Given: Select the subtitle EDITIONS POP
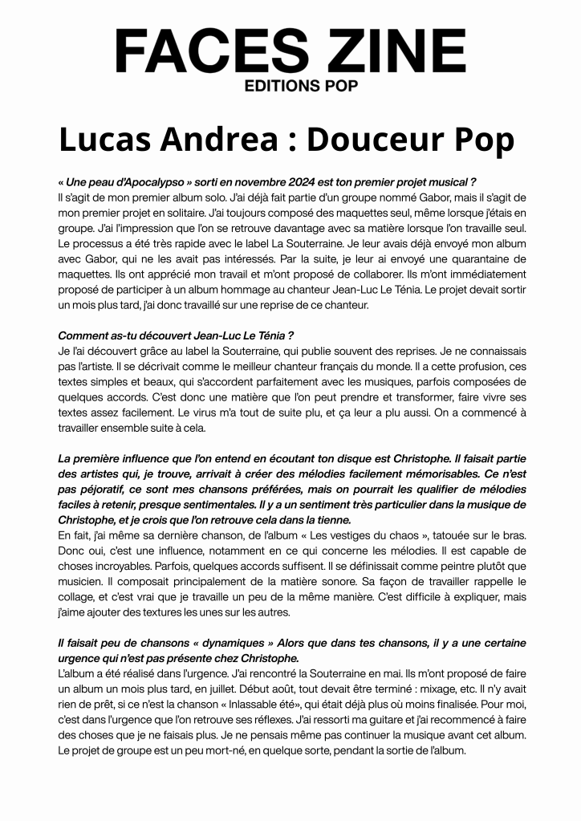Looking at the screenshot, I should [x=290, y=85].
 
